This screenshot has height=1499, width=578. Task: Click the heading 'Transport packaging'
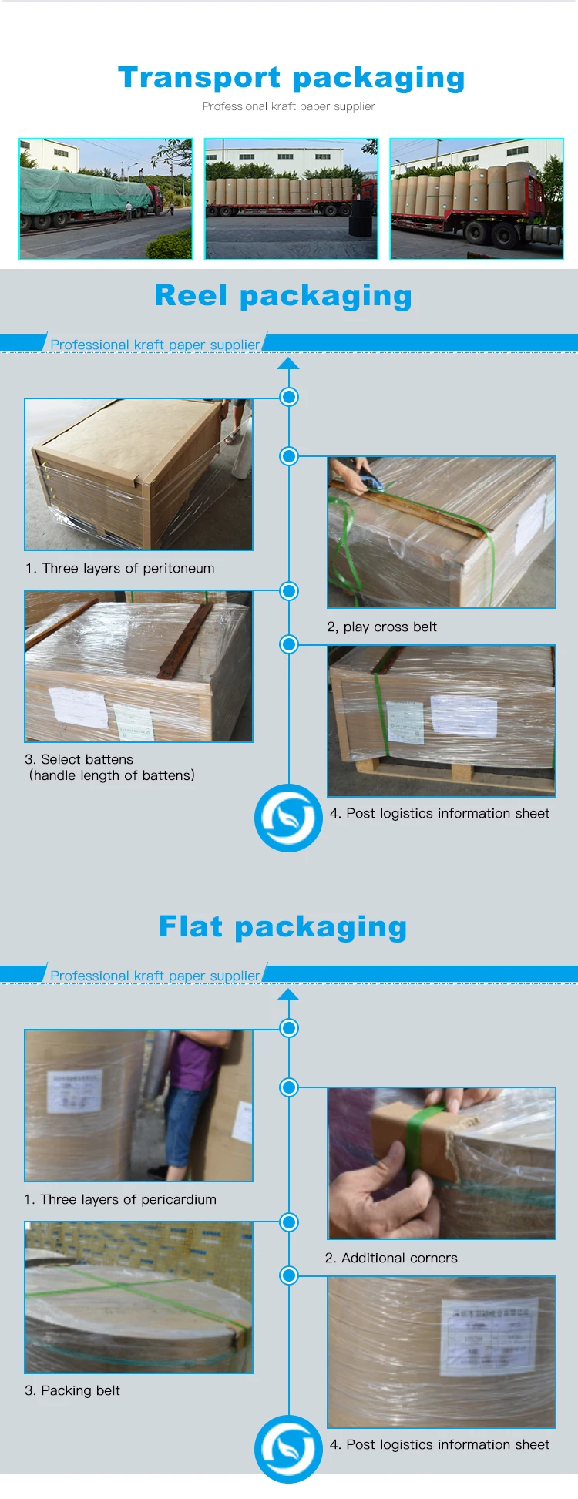click(291, 78)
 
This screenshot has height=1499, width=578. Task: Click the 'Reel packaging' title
click(283, 296)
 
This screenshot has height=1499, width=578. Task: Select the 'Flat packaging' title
click(283, 926)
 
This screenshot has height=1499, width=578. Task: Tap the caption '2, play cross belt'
click(381, 627)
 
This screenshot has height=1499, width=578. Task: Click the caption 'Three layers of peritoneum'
click(120, 568)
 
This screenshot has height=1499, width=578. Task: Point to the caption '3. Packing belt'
click(72, 1390)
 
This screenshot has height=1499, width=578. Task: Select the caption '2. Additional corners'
click(391, 1258)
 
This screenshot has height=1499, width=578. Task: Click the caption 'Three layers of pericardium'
click(120, 1199)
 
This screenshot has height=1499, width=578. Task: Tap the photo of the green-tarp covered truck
click(106, 199)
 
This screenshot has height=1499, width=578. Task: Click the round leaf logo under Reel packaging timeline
click(288, 818)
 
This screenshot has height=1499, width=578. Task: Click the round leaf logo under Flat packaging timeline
click(288, 1449)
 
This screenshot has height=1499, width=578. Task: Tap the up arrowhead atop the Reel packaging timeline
click(288, 363)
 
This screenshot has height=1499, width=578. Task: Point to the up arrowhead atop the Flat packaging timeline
click(288, 994)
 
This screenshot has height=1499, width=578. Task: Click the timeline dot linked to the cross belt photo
click(289, 456)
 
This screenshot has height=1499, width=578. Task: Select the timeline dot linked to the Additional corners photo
click(289, 1087)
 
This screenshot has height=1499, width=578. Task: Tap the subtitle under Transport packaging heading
click(288, 106)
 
